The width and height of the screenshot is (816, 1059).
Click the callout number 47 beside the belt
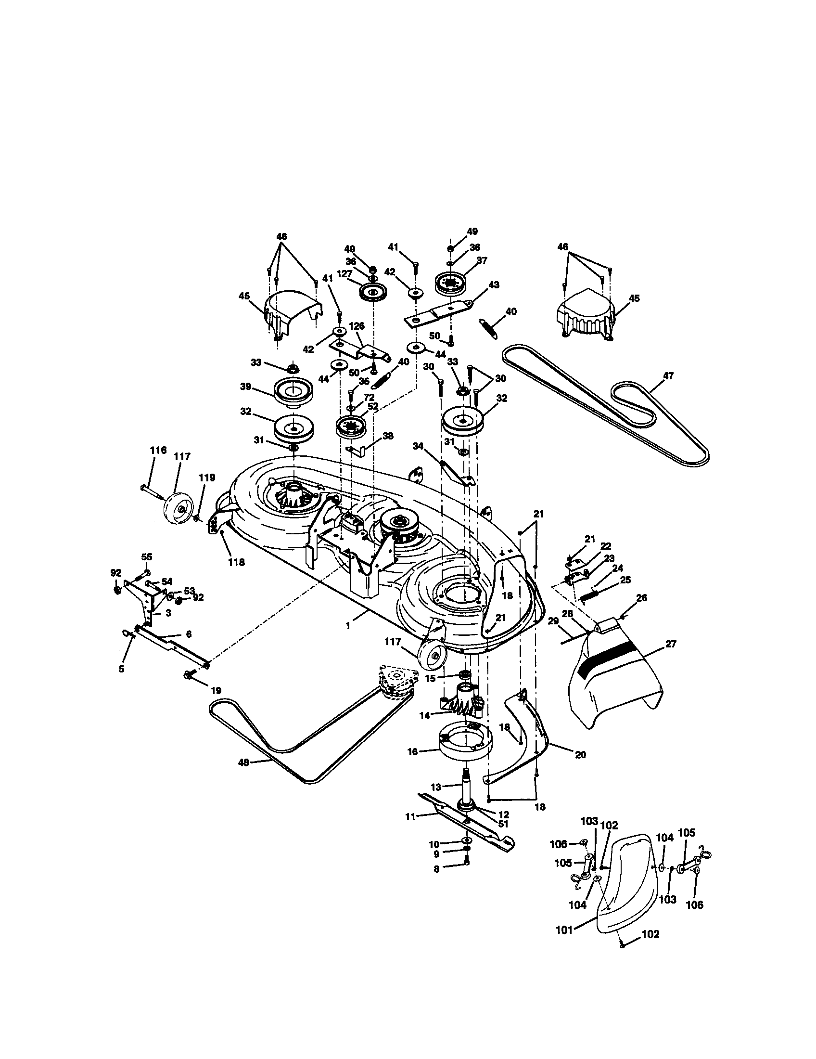pyautogui.click(x=668, y=375)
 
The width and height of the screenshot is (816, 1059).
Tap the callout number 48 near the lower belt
pyautogui.click(x=244, y=762)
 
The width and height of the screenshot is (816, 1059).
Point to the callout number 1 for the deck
pyautogui.click(x=348, y=625)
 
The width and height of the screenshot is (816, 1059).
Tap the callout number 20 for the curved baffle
pyautogui.click(x=581, y=754)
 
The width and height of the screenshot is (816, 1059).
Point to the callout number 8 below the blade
pyautogui.click(x=436, y=869)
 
